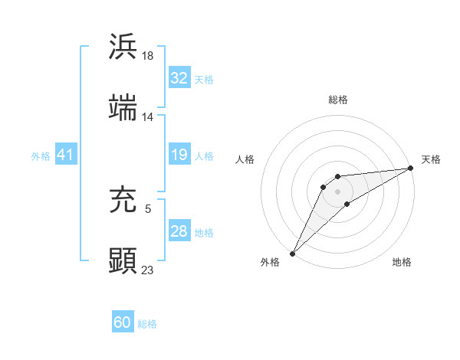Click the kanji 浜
123,47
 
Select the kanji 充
123,198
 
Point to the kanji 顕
123,260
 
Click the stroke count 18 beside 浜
149,56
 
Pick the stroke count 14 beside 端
148,117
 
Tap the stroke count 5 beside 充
148,208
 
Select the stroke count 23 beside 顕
148,270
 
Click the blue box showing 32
179,78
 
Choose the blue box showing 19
179,155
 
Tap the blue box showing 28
179,231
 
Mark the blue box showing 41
65,155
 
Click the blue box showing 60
123,322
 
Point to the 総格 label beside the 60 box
147,324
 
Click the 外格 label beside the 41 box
41,156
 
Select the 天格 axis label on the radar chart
431,159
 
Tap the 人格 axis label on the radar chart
245,159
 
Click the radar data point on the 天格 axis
410,168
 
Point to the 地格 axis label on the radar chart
402,263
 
